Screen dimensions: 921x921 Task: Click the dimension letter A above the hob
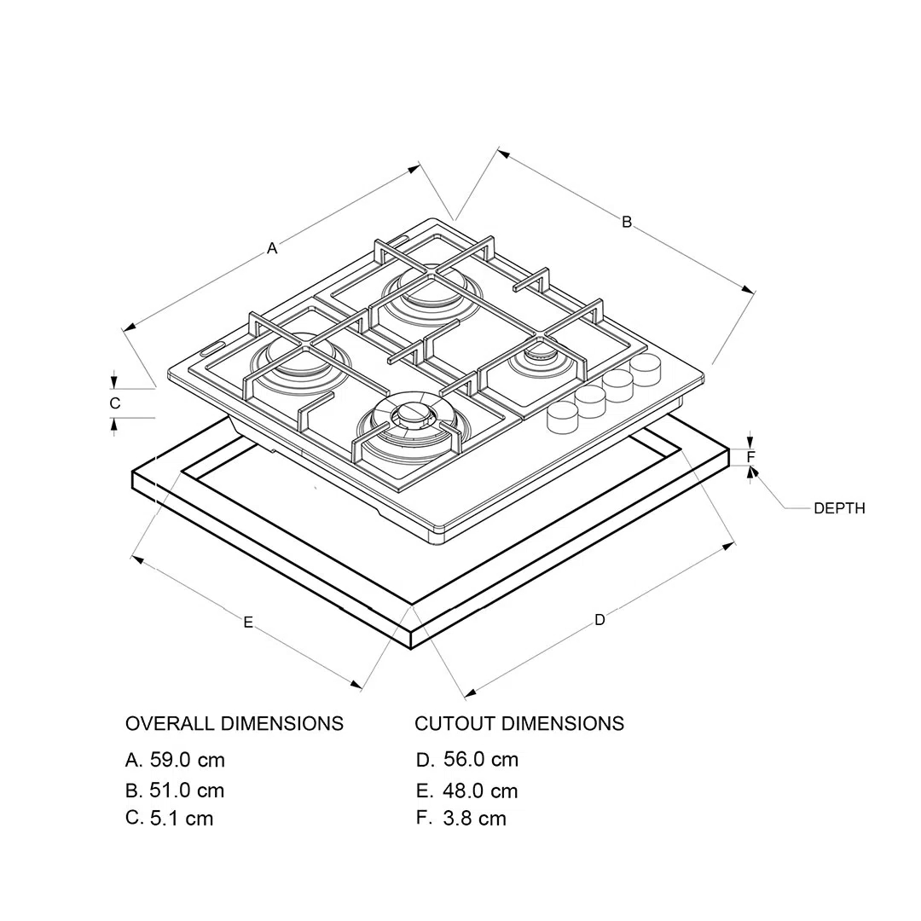[x=272, y=248]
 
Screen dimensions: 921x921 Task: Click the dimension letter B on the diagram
[x=627, y=222]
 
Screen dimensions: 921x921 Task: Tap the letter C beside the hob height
[x=115, y=403]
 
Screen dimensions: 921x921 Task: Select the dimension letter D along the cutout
[x=600, y=620]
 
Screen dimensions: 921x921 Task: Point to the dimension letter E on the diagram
[x=248, y=622]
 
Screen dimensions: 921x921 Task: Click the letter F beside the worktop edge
[x=750, y=456]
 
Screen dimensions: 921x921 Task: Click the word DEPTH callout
[x=839, y=508]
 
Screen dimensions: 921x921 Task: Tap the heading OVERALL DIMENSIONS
[x=235, y=723]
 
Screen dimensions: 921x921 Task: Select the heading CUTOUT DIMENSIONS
[x=519, y=723]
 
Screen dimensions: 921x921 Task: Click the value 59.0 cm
[x=188, y=760]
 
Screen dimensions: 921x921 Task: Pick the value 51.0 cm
[x=187, y=790]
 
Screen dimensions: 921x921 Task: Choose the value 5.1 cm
[x=182, y=818]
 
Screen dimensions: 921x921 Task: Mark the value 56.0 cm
[x=481, y=759]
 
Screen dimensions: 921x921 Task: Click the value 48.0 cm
[x=480, y=791]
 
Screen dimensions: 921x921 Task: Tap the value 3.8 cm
[x=475, y=818]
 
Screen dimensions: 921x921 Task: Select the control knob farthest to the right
[x=646, y=370]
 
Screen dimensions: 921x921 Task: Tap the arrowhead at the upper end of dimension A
[x=414, y=169]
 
